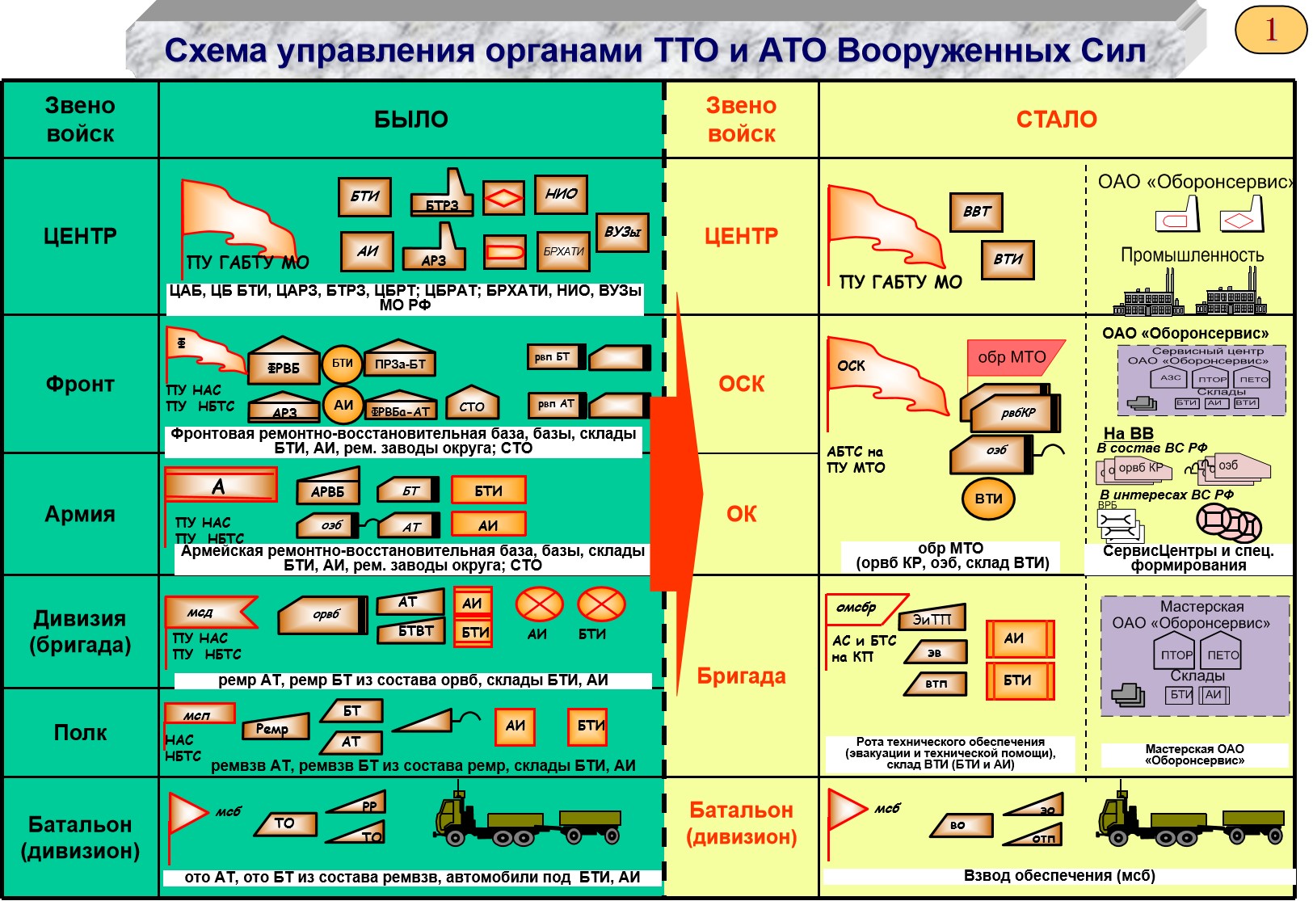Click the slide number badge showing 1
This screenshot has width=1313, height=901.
click(x=1270, y=30)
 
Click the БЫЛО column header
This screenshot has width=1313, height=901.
click(x=410, y=120)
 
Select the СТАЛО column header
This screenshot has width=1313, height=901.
click(x=1056, y=120)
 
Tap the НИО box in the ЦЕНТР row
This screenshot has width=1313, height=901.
click(x=561, y=194)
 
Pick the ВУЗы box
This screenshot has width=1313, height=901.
click(x=622, y=232)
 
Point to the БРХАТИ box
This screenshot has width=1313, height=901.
click(x=563, y=251)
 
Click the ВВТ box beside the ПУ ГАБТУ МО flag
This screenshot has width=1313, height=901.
click(x=976, y=212)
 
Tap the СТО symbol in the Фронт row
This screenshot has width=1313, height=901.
click(x=472, y=406)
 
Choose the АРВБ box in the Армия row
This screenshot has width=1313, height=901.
click(x=327, y=490)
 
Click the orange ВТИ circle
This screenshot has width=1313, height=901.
click(x=988, y=499)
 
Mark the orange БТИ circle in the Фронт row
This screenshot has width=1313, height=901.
click(x=343, y=364)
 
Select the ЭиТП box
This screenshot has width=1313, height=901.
click(x=932, y=619)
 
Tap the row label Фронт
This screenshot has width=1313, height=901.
click(x=80, y=384)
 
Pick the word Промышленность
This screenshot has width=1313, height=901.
click(x=1192, y=255)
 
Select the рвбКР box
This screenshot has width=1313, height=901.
click(x=1016, y=413)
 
